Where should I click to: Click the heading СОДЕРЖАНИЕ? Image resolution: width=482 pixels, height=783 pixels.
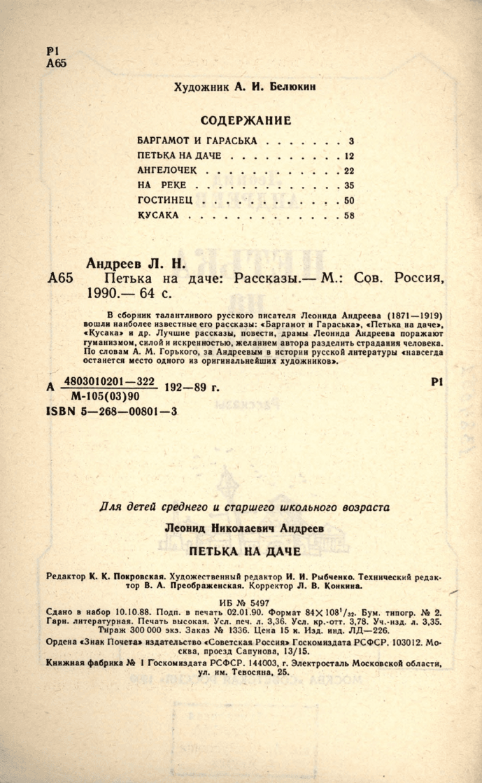click(245, 120)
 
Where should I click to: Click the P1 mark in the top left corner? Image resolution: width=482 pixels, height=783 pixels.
click(53, 51)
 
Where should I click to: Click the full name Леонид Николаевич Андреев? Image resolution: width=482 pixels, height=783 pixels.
click(244, 529)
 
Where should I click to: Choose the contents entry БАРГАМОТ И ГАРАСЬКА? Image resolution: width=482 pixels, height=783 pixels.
click(197, 139)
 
